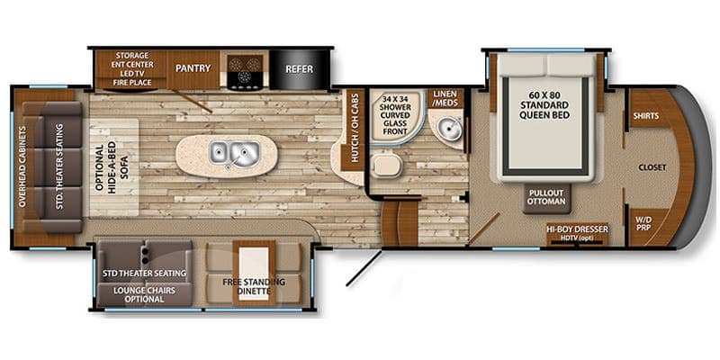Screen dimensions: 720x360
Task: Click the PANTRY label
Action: click(193, 68)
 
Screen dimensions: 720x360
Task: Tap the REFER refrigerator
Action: click(300, 69)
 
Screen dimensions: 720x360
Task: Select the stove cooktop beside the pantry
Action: click(245, 70)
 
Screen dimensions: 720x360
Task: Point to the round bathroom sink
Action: click(444, 127)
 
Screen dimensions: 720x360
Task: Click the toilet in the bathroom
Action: click(386, 166)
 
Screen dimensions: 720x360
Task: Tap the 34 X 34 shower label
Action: click(395, 114)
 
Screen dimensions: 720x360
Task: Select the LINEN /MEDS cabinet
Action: click(445, 98)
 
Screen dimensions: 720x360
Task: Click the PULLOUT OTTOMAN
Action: click(546, 198)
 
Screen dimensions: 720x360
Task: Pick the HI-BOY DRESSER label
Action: click(577, 229)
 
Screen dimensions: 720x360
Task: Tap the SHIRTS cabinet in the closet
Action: click(645, 116)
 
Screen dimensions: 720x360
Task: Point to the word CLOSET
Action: click(652, 168)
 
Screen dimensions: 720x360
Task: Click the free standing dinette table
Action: click(254, 273)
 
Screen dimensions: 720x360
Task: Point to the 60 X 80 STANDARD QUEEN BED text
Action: click(544, 105)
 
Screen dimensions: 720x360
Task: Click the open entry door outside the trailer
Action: click(364, 267)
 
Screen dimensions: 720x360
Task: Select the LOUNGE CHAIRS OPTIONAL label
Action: click(145, 295)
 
